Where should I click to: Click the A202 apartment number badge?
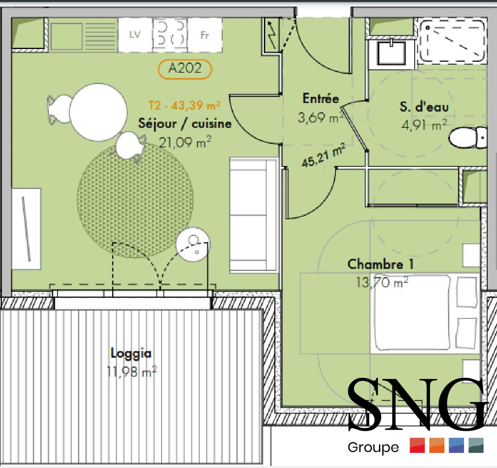185,69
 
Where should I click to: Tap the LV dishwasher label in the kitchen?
135,34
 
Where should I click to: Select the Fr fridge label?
205,35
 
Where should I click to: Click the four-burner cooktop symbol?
170,35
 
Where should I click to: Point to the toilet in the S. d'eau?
467,138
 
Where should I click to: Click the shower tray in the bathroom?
452,41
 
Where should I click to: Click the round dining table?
98,112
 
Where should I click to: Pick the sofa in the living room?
254,215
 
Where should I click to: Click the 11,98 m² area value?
132,372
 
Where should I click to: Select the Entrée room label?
321,98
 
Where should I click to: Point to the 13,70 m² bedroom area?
382,283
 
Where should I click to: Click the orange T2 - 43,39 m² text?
185,105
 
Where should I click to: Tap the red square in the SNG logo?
417,445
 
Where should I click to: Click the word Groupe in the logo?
373,447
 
